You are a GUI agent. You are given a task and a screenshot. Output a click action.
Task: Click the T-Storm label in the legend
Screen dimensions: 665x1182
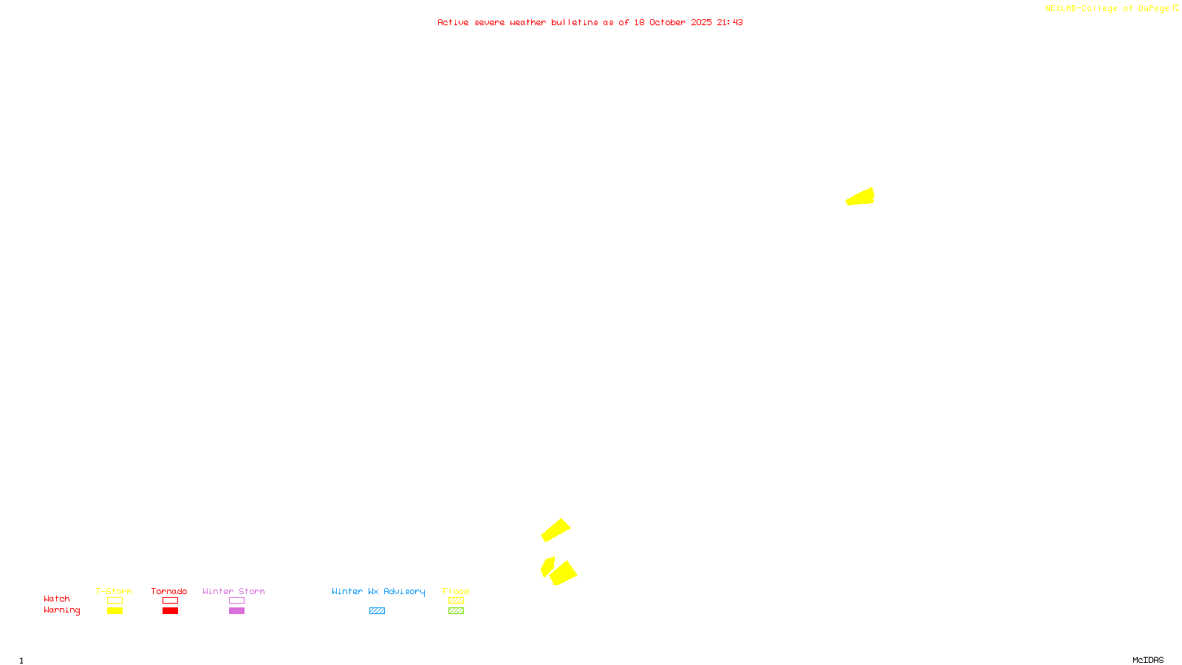click(114, 591)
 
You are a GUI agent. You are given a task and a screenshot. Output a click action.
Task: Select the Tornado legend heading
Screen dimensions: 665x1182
click(169, 591)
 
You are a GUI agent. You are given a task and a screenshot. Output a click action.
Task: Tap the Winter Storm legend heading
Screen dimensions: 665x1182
click(233, 591)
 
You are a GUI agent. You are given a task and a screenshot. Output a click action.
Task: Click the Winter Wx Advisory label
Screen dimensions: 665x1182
click(378, 591)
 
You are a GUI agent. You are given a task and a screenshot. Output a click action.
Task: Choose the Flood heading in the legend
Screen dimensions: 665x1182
click(456, 591)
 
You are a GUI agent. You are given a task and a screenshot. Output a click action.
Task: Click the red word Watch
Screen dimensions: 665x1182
click(57, 598)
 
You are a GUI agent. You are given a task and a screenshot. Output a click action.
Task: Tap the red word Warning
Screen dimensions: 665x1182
click(61, 610)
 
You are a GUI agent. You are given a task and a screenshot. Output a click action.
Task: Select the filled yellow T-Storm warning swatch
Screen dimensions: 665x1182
click(115, 611)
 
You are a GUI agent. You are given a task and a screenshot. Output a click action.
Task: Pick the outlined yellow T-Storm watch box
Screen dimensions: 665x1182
click(115, 601)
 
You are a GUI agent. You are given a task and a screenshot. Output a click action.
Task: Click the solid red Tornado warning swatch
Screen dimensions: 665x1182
click(171, 611)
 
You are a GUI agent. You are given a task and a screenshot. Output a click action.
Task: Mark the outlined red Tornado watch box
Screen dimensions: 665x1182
click(171, 601)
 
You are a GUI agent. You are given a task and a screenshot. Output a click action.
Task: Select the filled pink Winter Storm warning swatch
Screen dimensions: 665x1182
click(236, 611)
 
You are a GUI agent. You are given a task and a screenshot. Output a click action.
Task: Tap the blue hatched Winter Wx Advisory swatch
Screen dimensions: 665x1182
click(377, 611)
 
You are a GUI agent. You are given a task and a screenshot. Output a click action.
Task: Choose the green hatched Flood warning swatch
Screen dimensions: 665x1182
click(456, 611)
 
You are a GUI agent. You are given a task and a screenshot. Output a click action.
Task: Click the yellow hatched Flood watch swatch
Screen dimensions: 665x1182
click(456, 601)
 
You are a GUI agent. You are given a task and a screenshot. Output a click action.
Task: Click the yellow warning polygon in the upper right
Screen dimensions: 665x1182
click(862, 197)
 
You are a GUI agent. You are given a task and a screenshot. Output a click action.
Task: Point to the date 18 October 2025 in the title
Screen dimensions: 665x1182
click(673, 22)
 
